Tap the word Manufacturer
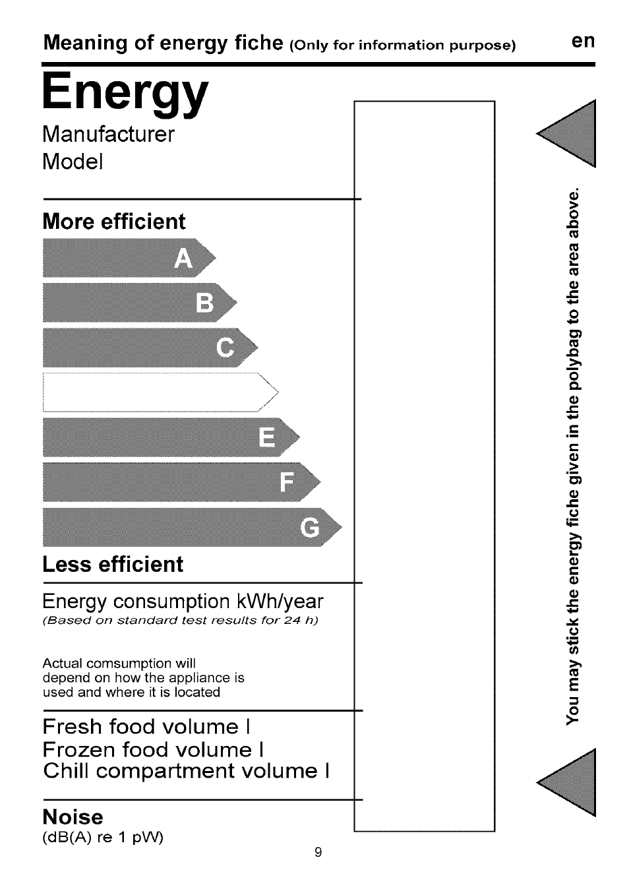(109, 135)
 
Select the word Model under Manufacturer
(73, 162)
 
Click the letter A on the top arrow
(184, 259)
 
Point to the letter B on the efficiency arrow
(205, 303)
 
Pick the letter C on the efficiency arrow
(225, 348)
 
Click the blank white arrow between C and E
(158, 392)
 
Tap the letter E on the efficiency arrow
(267, 437)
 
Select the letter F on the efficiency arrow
(287, 482)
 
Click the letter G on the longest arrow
(309, 528)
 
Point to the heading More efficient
(114, 222)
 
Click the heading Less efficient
(113, 565)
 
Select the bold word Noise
(73, 817)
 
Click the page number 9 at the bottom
(318, 852)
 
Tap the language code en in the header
(583, 41)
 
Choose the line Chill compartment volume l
(186, 771)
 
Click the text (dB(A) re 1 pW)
(103, 837)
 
